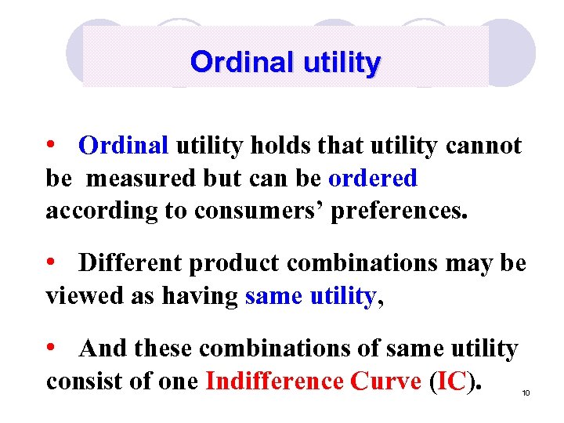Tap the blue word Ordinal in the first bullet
tap(124, 146)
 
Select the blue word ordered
tap(373, 178)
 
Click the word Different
tap(130, 263)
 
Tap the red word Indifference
tap(274, 381)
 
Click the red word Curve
tap(386, 381)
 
